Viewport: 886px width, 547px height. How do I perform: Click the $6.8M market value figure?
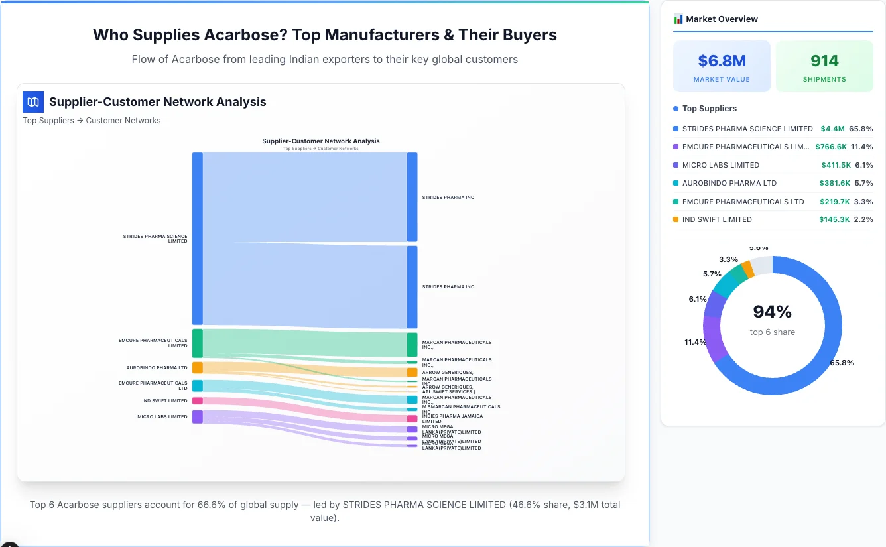coord(722,61)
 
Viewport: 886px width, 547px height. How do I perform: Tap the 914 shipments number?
coord(824,61)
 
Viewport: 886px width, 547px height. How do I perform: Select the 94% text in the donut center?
coord(773,312)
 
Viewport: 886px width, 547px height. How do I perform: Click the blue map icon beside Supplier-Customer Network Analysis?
coord(32,102)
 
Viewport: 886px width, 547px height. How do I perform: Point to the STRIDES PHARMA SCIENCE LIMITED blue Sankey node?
coord(198,239)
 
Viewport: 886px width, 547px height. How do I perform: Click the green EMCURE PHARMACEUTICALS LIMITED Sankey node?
coord(198,343)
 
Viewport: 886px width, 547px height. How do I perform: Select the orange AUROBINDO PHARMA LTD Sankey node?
coord(198,367)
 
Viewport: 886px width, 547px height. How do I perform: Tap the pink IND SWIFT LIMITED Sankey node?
coord(198,400)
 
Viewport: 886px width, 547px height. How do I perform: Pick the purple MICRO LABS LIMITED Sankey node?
coord(198,416)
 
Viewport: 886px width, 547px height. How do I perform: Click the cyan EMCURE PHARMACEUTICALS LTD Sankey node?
coord(198,385)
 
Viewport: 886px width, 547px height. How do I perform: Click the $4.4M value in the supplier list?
coord(832,129)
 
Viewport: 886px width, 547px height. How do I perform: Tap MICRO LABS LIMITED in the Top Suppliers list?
coord(720,165)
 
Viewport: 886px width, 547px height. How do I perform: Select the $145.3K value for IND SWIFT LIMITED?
coord(834,219)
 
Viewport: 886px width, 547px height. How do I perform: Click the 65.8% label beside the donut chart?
coord(842,363)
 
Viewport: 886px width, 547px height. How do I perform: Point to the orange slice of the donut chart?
coord(747,269)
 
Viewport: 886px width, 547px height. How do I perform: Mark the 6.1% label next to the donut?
coord(698,300)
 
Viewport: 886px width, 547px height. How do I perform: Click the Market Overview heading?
coord(722,19)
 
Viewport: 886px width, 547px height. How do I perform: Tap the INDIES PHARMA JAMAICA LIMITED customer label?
coord(452,418)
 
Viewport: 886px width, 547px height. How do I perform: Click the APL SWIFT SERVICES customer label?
coord(448,392)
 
